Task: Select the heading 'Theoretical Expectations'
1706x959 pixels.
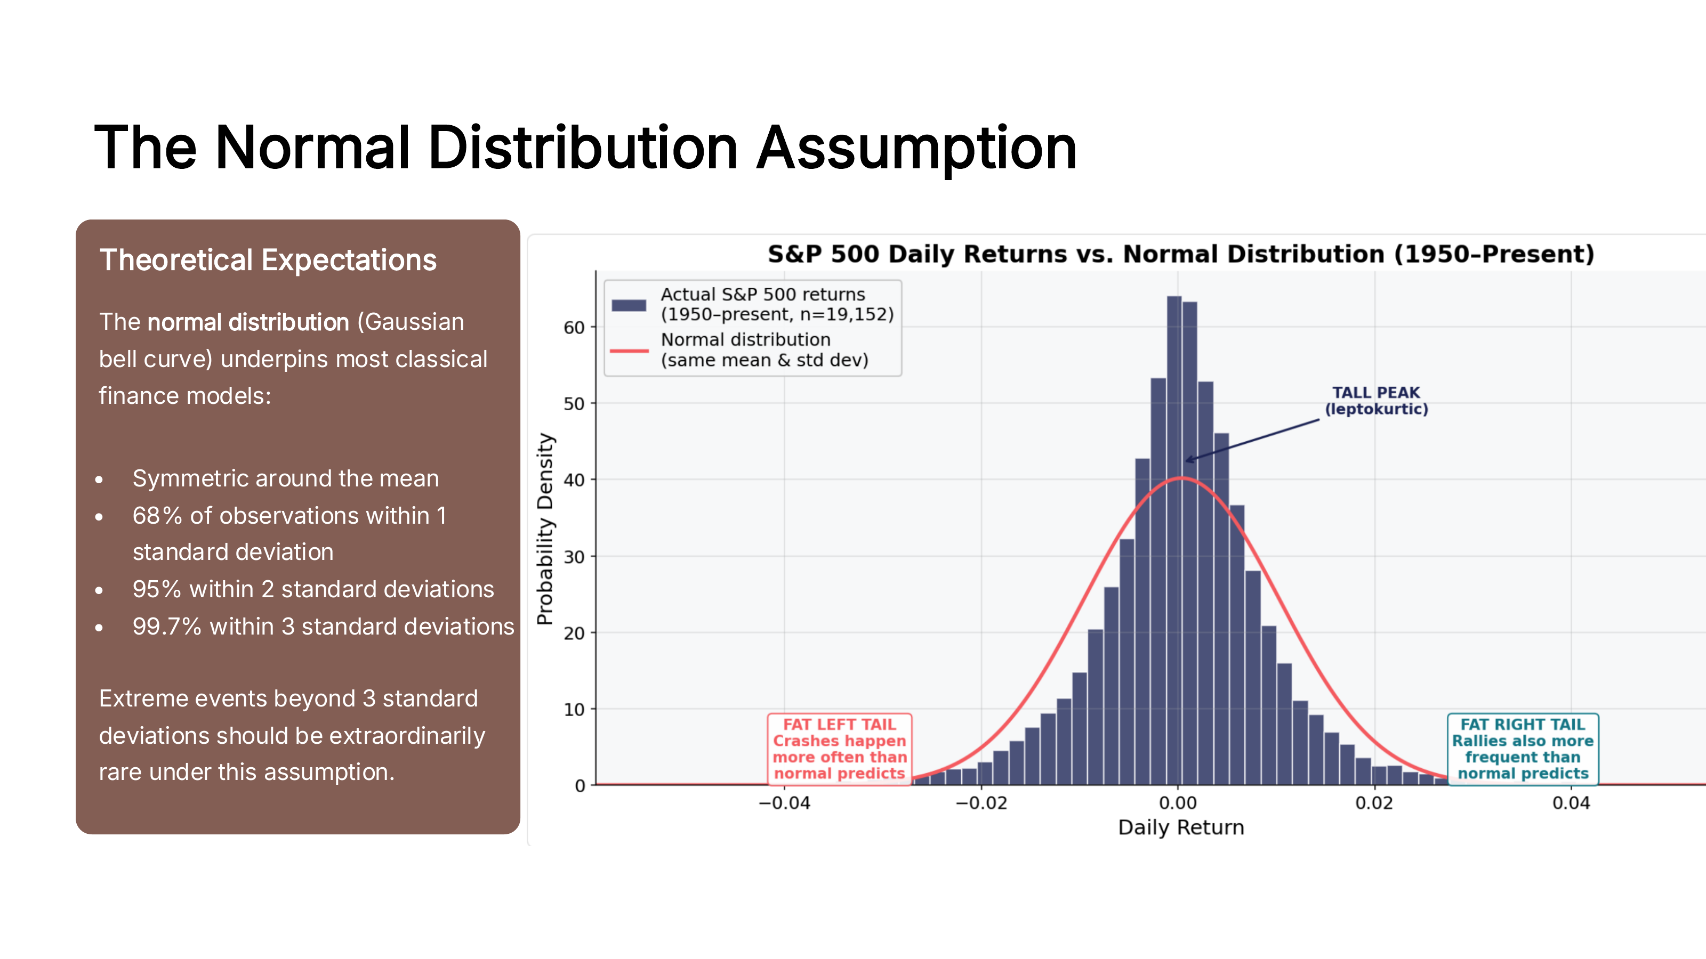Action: tap(268, 260)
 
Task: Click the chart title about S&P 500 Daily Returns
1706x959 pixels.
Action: tap(1180, 254)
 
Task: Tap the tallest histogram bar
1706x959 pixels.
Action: tap(1173, 539)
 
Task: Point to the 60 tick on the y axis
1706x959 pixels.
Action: tap(574, 328)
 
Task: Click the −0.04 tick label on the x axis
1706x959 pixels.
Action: tap(784, 803)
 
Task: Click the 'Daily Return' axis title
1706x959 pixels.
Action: tap(1180, 827)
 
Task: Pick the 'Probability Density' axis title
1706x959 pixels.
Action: tap(545, 528)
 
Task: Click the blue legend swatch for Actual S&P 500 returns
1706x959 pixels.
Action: tap(629, 305)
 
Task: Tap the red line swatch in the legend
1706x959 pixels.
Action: tap(629, 351)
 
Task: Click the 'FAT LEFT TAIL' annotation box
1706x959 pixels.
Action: tap(839, 749)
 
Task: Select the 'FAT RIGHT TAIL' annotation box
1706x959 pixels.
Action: tap(1523, 749)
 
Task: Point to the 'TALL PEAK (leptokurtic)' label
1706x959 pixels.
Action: tap(1375, 401)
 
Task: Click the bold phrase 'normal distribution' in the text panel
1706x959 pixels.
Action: tap(248, 322)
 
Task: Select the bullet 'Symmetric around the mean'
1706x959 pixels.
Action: tap(285, 478)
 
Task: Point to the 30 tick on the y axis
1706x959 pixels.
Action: tap(574, 557)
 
